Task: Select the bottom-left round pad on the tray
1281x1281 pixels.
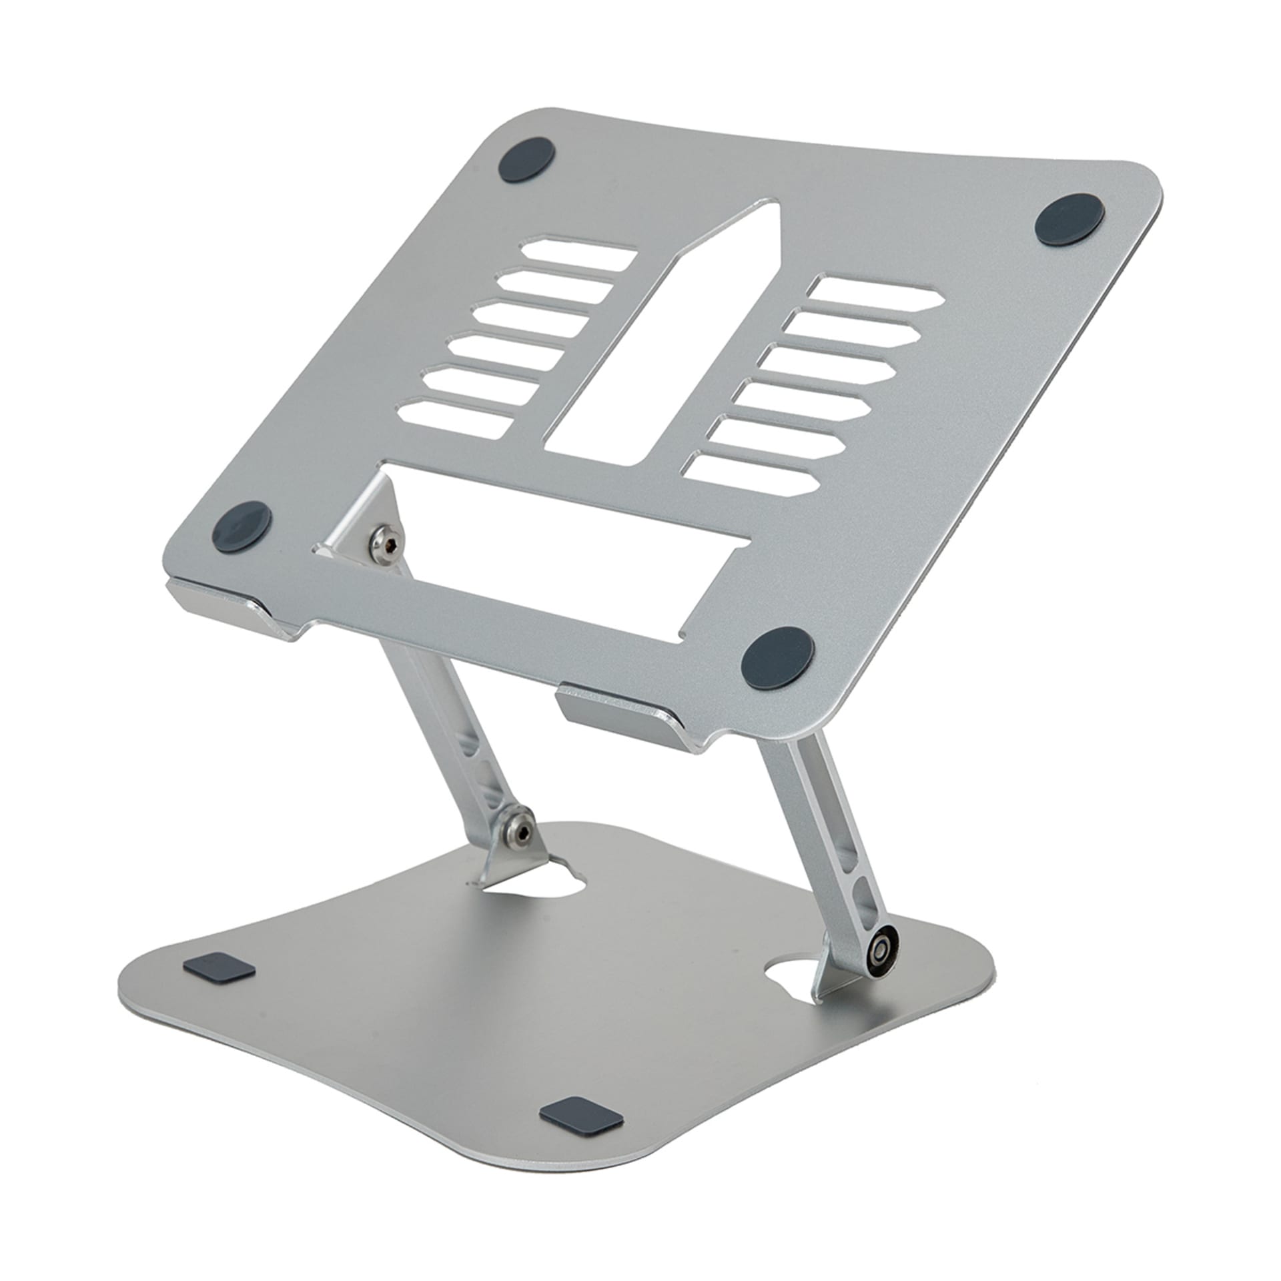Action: coord(242,525)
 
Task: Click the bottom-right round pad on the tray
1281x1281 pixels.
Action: coord(778,655)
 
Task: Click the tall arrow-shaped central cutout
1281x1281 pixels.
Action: coord(667,347)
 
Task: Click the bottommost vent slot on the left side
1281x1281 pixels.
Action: coord(460,419)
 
